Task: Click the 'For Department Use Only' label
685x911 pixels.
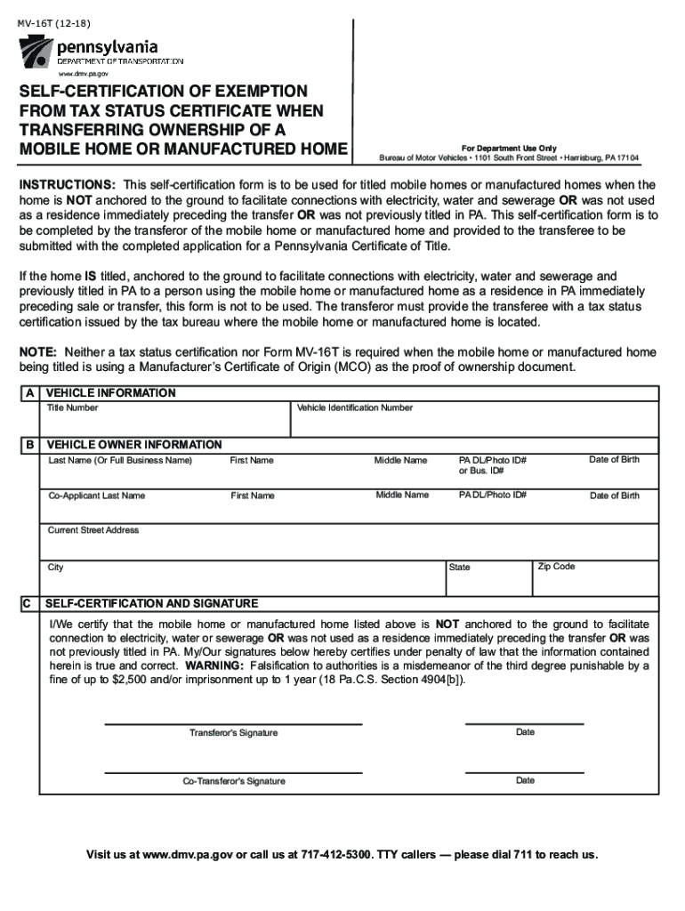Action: (x=509, y=148)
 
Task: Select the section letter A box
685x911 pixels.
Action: (x=31, y=393)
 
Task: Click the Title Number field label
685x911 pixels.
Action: (x=73, y=407)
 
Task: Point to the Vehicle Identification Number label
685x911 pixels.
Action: (x=355, y=407)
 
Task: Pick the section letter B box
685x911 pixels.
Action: (x=31, y=444)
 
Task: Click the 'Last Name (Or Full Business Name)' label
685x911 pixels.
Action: (x=120, y=460)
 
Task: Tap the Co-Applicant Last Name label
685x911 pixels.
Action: (x=96, y=495)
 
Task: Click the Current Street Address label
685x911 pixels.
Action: (x=93, y=530)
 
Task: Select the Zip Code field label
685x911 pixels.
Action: (x=557, y=566)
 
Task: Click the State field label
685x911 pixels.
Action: (x=460, y=567)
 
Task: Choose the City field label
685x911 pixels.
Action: (x=56, y=567)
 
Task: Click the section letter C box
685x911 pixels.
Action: (x=31, y=603)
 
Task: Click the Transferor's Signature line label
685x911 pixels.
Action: (x=233, y=733)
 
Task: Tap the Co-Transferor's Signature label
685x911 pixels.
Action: (x=234, y=781)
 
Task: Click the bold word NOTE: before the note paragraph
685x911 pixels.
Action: (x=38, y=352)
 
